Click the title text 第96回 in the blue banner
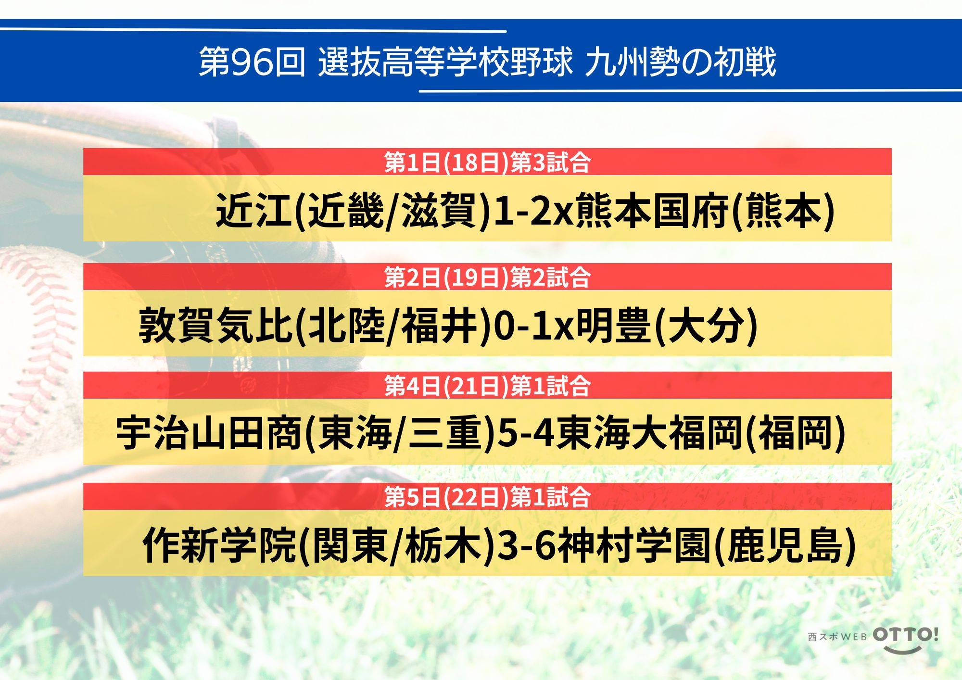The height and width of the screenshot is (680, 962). point(252,62)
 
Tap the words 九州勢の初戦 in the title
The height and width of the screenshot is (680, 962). point(681,62)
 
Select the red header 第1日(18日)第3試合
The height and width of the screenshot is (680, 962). point(487,162)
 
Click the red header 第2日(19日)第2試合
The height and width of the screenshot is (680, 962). point(487,277)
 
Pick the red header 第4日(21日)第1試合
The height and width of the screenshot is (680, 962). point(487,386)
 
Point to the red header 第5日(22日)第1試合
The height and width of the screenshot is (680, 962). point(487,497)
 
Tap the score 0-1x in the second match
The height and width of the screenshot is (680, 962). point(534,325)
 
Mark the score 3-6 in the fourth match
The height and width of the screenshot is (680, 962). point(527,545)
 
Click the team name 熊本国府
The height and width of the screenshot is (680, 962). point(652,210)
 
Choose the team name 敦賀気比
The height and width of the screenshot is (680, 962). point(216,325)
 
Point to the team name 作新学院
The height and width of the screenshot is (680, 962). point(219,545)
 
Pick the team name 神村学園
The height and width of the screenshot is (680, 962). point(634,545)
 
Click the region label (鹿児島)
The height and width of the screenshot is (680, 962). point(785,545)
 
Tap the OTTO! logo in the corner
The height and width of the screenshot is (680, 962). point(906,639)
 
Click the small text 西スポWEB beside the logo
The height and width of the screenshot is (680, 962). point(837,637)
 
